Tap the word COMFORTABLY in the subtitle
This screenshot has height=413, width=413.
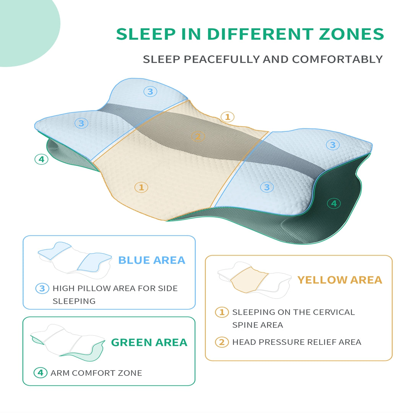pyautogui.click(x=337, y=60)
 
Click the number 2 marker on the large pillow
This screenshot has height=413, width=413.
pyautogui.click(x=198, y=137)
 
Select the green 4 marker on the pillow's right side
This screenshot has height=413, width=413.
pyautogui.click(x=334, y=203)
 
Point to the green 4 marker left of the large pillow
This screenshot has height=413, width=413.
pyautogui.click(x=41, y=159)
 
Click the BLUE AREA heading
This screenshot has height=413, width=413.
pyautogui.click(x=152, y=260)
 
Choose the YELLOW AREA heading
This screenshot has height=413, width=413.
pyautogui.click(x=340, y=280)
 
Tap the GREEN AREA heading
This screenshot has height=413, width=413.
pyautogui.click(x=149, y=342)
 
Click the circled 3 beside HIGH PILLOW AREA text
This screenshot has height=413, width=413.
pyautogui.click(x=42, y=288)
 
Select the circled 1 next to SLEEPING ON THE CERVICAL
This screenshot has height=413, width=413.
pyautogui.click(x=222, y=312)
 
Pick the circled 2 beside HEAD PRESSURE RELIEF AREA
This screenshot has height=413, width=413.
pyautogui.click(x=222, y=342)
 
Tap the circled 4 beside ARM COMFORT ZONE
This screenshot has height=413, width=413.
pyautogui.click(x=41, y=372)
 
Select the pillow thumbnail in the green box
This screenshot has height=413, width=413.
pyautogui.click(x=68, y=341)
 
